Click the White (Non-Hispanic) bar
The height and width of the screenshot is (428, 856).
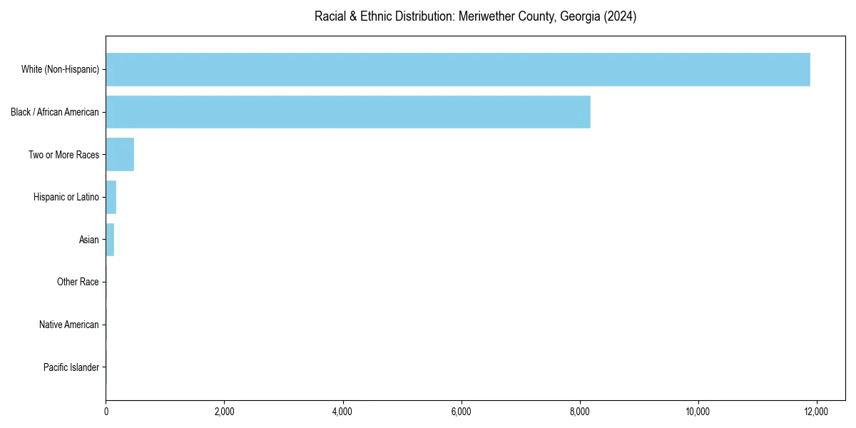[x=458, y=69]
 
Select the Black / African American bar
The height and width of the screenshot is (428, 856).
[x=348, y=112]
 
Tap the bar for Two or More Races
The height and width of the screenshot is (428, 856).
[x=120, y=155]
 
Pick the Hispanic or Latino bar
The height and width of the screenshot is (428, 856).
[x=111, y=198]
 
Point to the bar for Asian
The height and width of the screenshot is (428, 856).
[x=110, y=240]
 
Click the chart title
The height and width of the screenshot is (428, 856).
[x=475, y=16]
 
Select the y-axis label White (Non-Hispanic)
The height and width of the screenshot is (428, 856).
[x=60, y=69]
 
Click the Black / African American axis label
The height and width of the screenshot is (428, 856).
[x=55, y=112]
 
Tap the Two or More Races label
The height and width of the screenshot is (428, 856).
[x=63, y=155]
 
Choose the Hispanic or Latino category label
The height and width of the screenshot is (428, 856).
[x=66, y=198]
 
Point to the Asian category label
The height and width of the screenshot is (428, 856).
[x=88, y=240]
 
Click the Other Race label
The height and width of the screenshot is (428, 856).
[x=78, y=282]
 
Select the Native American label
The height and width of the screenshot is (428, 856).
[x=69, y=325]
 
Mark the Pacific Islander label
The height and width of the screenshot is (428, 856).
[x=71, y=368]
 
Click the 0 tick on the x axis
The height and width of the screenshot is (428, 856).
[x=106, y=412]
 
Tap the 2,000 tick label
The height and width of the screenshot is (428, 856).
[x=224, y=412]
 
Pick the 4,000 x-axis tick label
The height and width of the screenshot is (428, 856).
[x=342, y=412]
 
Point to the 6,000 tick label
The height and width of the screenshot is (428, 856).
[x=461, y=412]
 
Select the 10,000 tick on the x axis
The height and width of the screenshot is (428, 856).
[x=698, y=412]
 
